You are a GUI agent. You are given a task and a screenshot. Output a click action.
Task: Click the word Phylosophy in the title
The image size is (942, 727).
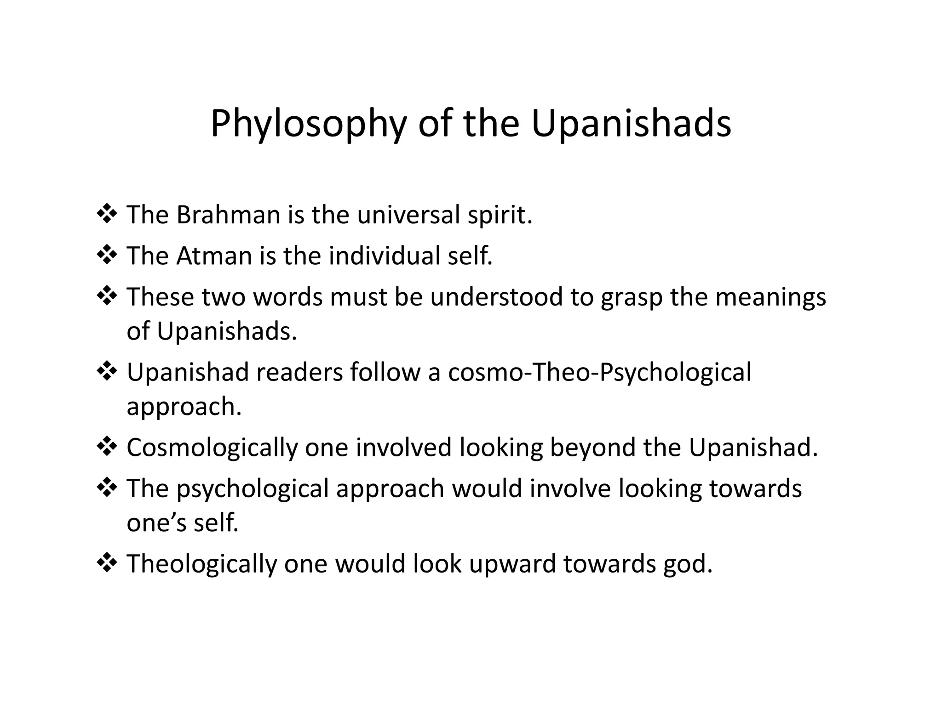click(308, 124)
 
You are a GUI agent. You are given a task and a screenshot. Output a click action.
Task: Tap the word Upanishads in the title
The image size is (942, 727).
click(631, 124)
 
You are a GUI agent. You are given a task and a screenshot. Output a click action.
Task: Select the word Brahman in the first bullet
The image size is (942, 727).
click(228, 215)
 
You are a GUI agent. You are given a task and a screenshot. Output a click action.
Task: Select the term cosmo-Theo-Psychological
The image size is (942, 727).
click(599, 372)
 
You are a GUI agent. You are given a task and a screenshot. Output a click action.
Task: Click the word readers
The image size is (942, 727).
click(299, 372)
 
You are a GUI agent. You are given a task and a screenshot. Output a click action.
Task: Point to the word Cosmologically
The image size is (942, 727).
click(212, 448)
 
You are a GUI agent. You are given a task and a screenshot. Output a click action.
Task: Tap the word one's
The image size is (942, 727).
click(156, 523)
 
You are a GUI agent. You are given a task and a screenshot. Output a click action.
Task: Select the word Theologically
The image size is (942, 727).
click(201, 564)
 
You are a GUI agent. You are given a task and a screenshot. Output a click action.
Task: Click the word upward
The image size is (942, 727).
click(512, 564)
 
